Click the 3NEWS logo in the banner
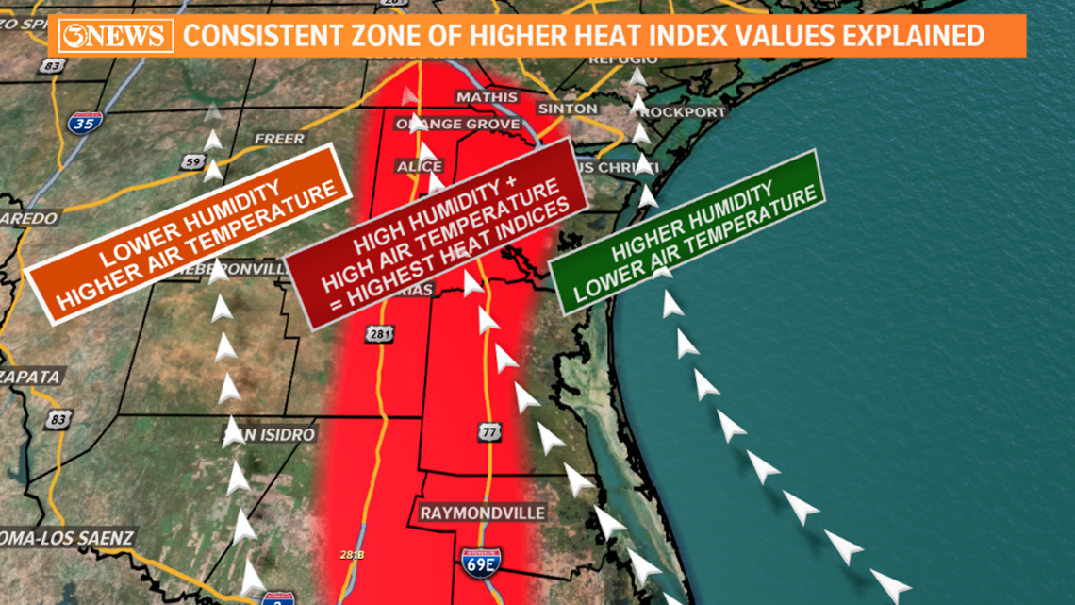[x=115, y=37]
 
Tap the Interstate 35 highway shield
[x=85, y=122]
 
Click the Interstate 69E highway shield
[x=482, y=563]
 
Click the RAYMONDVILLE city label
[x=482, y=513]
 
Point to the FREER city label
[x=279, y=139]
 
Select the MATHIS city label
[x=487, y=97]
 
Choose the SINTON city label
[x=568, y=109]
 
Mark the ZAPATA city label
[x=30, y=377]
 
